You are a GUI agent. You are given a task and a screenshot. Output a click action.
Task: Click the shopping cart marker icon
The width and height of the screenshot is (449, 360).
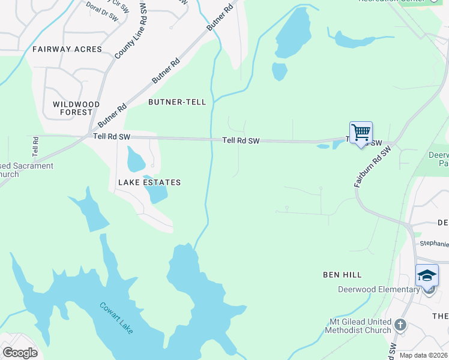[361, 133]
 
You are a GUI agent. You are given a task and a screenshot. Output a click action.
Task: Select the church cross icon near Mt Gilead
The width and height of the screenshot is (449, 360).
[400, 326]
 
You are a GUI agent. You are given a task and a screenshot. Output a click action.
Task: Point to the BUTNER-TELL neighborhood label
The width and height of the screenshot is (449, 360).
[178, 102]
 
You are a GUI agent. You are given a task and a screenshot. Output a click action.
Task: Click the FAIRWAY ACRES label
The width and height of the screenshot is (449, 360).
[67, 49]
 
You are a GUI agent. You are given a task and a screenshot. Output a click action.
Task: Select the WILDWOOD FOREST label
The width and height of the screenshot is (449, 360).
[76, 108]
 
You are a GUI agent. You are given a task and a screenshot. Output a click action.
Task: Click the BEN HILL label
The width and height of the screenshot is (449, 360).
[342, 275]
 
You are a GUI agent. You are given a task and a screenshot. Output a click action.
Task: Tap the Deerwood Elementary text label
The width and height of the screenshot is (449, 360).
[379, 290]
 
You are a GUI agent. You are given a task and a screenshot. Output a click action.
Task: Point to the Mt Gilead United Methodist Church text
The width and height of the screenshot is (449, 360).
[358, 326]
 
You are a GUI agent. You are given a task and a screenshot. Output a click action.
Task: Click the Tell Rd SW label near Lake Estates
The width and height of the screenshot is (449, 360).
[112, 137]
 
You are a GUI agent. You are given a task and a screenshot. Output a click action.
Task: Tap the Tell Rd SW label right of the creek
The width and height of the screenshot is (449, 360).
[241, 140]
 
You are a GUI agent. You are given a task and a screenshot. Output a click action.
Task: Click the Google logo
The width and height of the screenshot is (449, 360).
[20, 353]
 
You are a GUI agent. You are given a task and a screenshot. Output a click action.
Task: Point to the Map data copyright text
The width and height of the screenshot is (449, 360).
[423, 355]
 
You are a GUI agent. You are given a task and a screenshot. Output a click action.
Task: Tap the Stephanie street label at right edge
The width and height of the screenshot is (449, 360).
[433, 244]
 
